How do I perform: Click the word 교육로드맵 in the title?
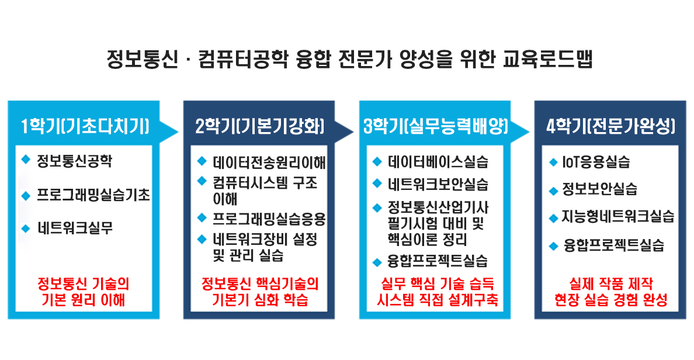(x=547, y=60)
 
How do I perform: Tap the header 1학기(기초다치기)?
(x=85, y=127)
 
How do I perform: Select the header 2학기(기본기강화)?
(x=260, y=127)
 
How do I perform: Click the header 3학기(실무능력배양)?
(x=436, y=127)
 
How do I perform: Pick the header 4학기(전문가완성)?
(x=611, y=127)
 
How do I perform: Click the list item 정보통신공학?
(x=74, y=160)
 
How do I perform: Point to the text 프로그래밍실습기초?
(x=93, y=195)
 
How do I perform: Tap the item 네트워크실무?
(x=75, y=228)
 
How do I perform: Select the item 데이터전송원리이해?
(x=269, y=162)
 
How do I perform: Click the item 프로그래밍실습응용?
(x=269, y=219)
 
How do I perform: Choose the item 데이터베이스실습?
(x=438, y=162)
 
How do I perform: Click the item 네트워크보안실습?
(x=438, y=184)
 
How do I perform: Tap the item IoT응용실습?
(x=596, y=162)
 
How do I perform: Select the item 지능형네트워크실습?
(x=618, y=217)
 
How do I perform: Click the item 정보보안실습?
(x=599, y=189)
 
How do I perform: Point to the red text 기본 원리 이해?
(x=83, y=300)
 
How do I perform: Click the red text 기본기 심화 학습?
(x=260, y=300)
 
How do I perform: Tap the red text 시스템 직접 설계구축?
(x=438, y=300)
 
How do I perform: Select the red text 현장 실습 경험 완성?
(x=611, y=300)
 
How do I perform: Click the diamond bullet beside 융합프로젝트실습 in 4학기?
(x=553, y=246)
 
